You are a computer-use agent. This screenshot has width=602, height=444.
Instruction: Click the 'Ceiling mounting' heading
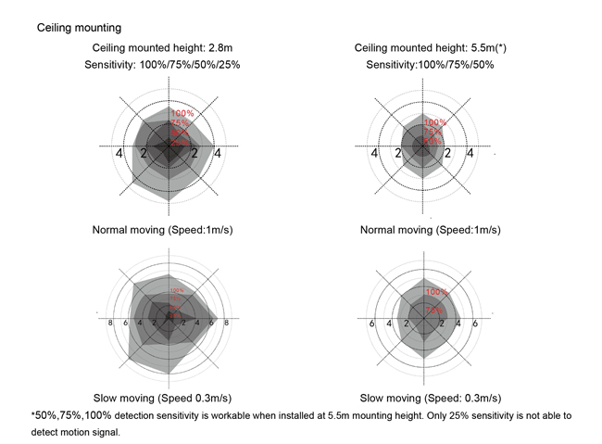pyautogui.click(x=79, y=29)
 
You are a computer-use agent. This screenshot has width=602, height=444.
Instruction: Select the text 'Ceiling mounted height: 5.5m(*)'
pyautogui.click(x=429, y=48)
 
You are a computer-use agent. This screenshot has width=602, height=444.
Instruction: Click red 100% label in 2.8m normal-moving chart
pyautogui.click(x=182, y=114)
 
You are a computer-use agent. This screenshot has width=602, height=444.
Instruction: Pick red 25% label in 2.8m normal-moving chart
pyautogui.click(x=180, y=141)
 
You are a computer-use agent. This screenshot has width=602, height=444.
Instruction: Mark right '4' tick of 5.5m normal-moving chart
pyautogui.click(x=467, y=154)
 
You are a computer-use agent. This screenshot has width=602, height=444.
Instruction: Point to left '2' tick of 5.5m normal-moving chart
pyautogui.click(x=398, y=154)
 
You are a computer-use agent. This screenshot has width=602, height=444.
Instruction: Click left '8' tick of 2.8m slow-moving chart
pyautogui.click(x=111, y=323)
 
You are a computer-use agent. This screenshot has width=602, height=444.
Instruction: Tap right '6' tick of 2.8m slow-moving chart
pyautogui.click(x=211, y=323)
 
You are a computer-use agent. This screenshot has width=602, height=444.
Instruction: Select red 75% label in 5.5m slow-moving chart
pyautogui.click(x=433, y=310)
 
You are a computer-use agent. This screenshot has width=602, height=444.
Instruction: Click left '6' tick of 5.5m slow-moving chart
pyautogui.click(x=372, y=324)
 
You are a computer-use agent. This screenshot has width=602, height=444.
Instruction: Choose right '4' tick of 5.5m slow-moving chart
pyautogui.click(x=458, y=324)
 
